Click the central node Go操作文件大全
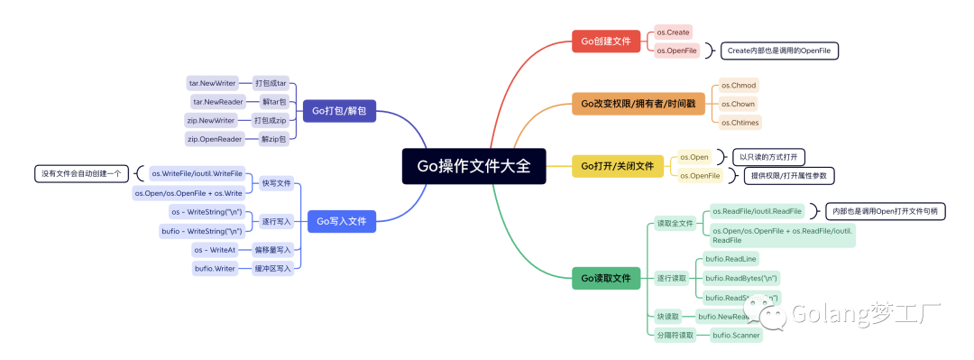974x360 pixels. pyautogui.click(x=474, y=166)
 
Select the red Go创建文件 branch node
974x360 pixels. pyautogui.click(x=606, y=41)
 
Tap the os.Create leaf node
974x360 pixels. pyautogui.click(x=673, y=32)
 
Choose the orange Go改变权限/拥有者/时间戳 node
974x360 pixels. pyautogui.click(x=636, y=103)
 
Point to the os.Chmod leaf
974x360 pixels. pyautogui.click(x=739, y=85)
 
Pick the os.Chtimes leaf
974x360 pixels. pyautogui.click(x=740, y=122)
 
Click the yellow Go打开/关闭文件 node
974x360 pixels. pyautogui.click(x=617, y=166)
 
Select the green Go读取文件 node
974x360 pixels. pyautogui.click(x=605, y=279)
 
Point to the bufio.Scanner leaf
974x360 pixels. pyautogui.click(x=736, y=336)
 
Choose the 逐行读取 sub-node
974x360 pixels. pyautogui.click(x=671, y=278)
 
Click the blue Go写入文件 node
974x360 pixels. pyautogui.click(x=342, y=221)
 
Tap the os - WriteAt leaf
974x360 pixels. pyautogui.click(x=215, y=250)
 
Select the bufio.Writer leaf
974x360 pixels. pyautogui.click(x=215, y=268)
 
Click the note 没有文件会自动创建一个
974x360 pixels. pyautogui.click(x=81, y=173)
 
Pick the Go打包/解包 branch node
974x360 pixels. pyautogui.click(x=338, y=111)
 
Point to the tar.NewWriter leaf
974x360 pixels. pyautogui.click(x=212, y=83)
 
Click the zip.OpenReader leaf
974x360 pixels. pyautogui.click(x=214, y=139)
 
